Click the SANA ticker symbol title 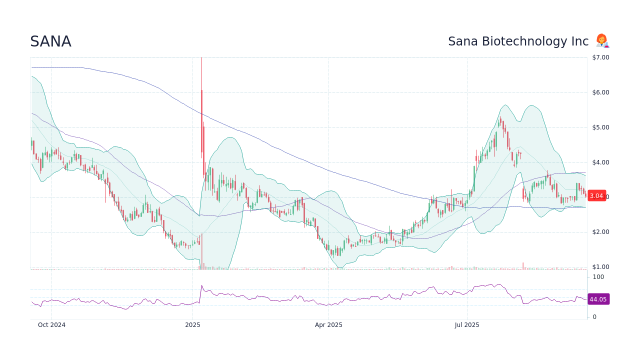pos(50,41)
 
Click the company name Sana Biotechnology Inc pos(518,41)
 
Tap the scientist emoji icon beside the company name pos(602,41)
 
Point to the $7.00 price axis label pos(600,57)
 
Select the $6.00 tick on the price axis pos(600,92)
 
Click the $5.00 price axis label pos(600,127)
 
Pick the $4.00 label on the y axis pos(600,162)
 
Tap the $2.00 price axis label pos(600,232)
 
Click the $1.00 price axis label pos(600,267)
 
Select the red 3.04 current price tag pos(597,196)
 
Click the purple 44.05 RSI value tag pos(598,299)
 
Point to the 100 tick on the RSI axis pos(598,277)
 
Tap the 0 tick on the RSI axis pos(594,317)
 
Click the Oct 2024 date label pos(51,325)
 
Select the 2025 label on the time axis pos(192,325)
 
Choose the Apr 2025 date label pos(328,325)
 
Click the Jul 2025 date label pos(467,325)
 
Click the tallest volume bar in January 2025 pos(201,252)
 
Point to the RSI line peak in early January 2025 pos(201,285)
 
